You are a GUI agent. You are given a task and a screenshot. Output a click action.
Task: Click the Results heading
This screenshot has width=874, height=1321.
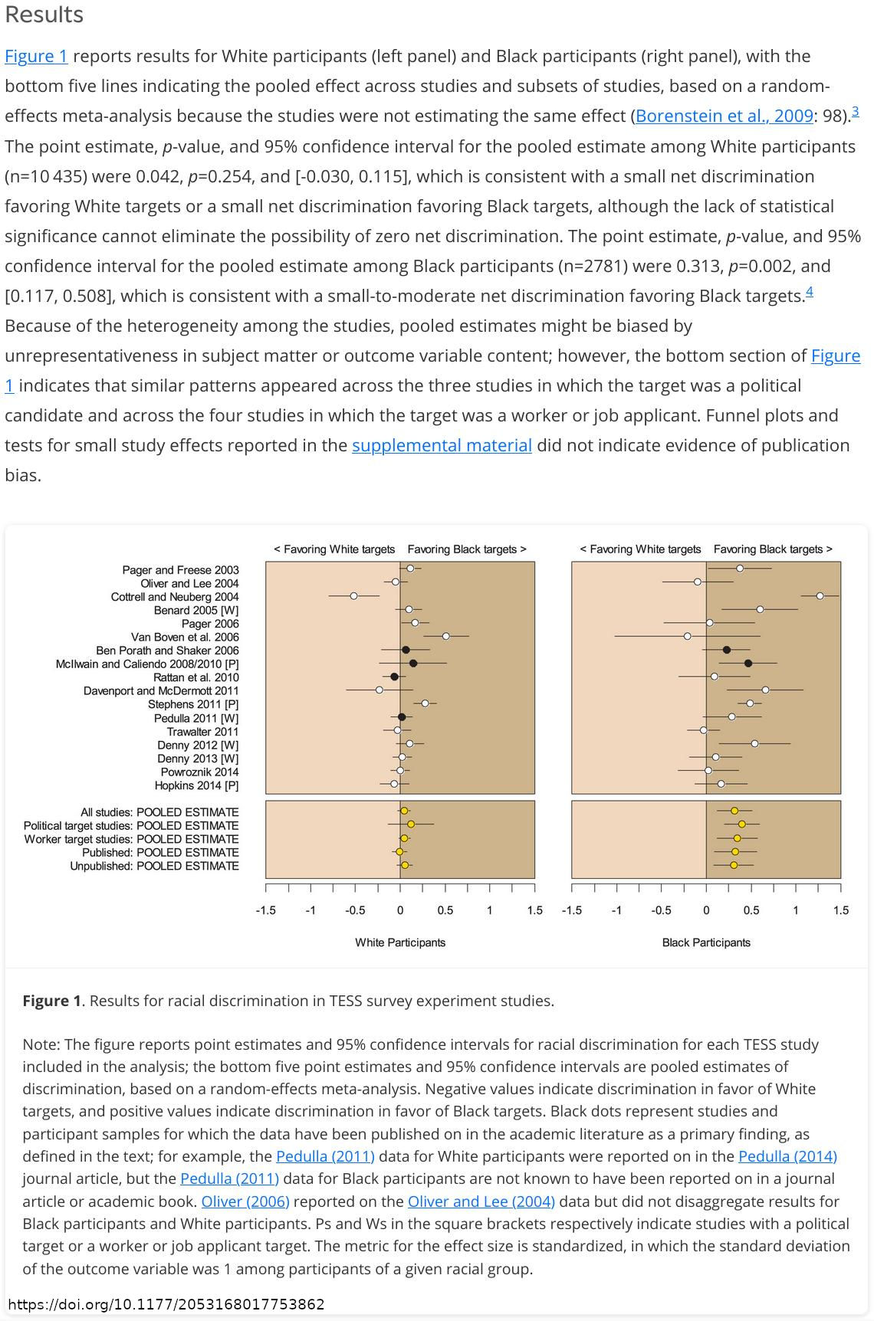point(44,15)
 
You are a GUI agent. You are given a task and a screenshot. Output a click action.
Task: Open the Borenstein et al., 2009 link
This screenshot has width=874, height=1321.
point(724,116)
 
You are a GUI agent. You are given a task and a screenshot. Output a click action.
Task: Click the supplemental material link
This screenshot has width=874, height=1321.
point(442,445)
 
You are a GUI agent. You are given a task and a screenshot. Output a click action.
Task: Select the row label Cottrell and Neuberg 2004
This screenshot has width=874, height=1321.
point(175,597)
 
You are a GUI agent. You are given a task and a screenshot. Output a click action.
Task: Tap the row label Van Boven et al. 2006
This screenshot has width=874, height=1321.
point(185,638)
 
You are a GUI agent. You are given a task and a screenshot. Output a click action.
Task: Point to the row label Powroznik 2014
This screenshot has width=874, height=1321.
point(199,772)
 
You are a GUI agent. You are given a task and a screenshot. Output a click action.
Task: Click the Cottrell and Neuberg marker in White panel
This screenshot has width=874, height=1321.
point(353,595)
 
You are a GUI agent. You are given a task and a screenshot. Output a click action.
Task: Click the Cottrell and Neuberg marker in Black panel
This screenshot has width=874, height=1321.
point(820,595)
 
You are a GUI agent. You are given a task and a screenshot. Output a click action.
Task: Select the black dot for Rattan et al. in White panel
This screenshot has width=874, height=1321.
point(394,677)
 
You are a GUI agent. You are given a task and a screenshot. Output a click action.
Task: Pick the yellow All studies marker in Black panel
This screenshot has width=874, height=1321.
point(734,811)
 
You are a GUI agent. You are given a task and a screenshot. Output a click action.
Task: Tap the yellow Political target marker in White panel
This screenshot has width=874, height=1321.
point(411,824)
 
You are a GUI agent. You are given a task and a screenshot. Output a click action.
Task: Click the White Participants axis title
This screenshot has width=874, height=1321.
point(400,942)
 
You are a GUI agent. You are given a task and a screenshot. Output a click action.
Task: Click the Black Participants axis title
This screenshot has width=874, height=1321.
point(706,942)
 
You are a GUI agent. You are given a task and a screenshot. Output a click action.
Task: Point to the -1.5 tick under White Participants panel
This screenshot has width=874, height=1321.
point(266,910)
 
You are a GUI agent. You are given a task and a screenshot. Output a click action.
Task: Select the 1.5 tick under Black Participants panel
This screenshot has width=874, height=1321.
point(841,910)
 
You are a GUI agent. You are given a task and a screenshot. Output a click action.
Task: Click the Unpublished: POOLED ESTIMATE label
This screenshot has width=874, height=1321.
point(154,866)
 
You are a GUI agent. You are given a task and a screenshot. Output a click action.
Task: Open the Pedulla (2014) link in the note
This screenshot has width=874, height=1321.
point(787,1156)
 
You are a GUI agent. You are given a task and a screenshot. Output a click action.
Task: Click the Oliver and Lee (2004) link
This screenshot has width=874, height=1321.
point(481,1201)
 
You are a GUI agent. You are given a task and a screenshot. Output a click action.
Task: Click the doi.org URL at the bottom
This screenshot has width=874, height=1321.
point(166,1304)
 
